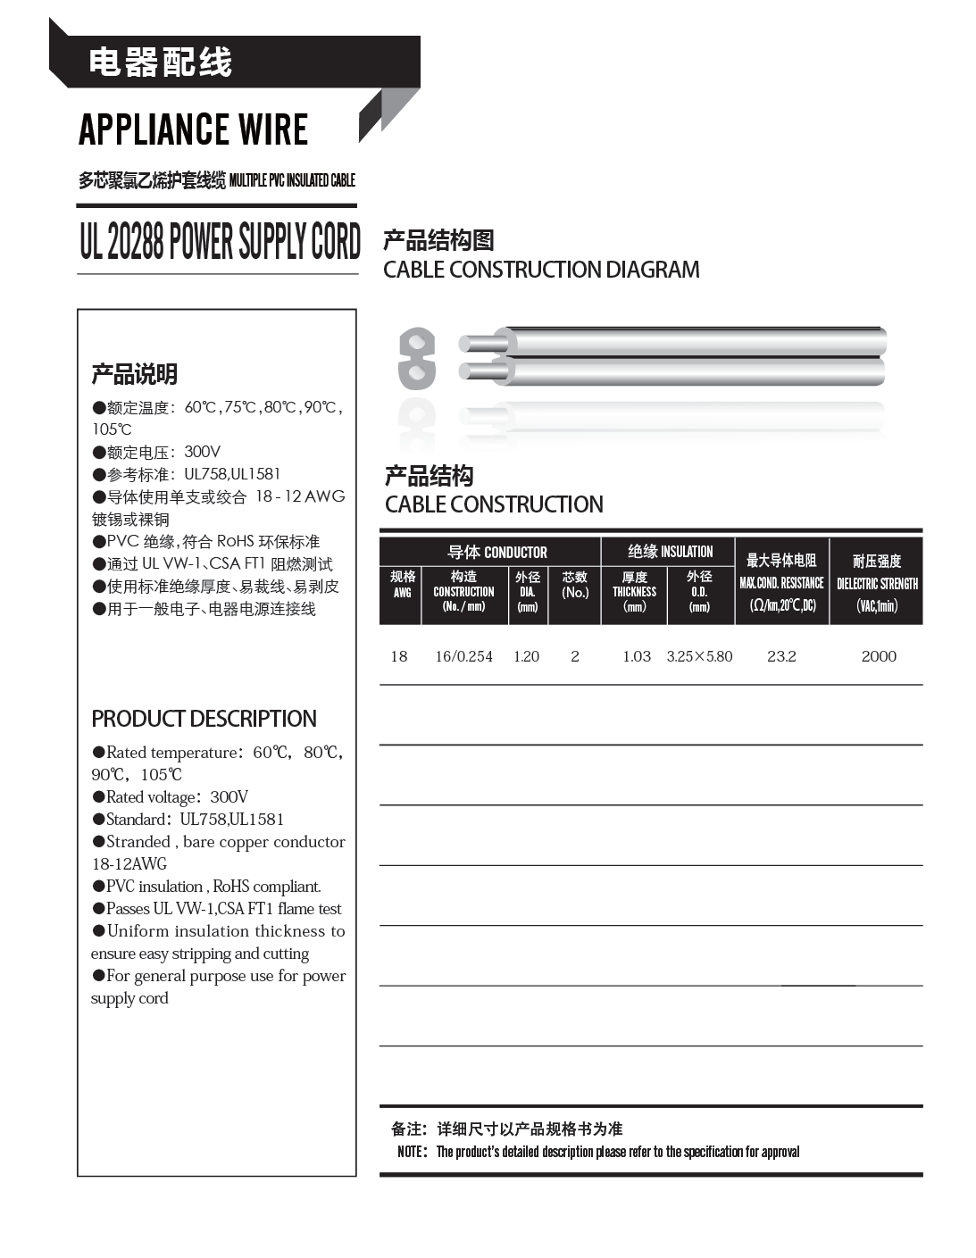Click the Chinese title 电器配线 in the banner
pos(161,62)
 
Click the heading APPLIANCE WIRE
pos(193,130)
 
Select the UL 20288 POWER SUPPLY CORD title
pos(220,242)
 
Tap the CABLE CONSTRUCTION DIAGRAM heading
pos(541,270)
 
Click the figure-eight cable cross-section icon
pos(416,358)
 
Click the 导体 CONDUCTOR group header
pos(496,552)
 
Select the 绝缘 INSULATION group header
pos(670,552)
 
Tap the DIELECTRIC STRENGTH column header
pos(877,582)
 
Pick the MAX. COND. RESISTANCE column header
pos(781,582)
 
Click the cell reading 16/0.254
pos(463,656)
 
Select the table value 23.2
pos(781,656)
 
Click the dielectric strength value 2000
pos(879,656)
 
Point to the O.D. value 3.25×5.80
pos(699,656)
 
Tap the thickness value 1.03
pos(636,656)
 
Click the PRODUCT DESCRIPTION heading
pos(204,719)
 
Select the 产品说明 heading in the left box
pos(134,373)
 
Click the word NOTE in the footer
pos(412,1152)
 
